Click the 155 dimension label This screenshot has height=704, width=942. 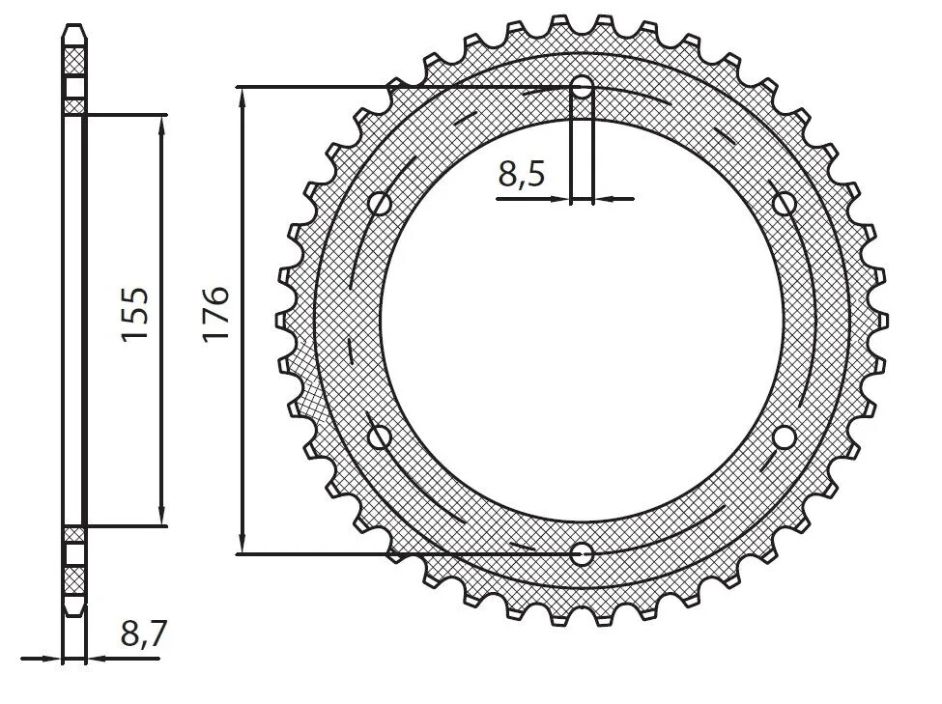pyautogui.click(x=134, y=313)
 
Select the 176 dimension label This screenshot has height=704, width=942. pyautogui.click(x=215, y=313)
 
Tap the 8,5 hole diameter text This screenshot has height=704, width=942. pyautogui.click(x=522, y=175)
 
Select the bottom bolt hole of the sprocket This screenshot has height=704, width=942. pyautogui.click(x=582, y=553)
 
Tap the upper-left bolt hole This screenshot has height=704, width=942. pyautogui.click(x=380, y=204)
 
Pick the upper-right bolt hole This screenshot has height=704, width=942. pyautogui.click(x=785, y=204)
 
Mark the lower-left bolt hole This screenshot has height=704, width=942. pyautogui.click(x=380, y=437)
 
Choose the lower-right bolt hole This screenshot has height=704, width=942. pyautogui.click(x=785, y=437)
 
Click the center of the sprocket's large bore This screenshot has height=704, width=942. pyautogui.click(x=582, y=321)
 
